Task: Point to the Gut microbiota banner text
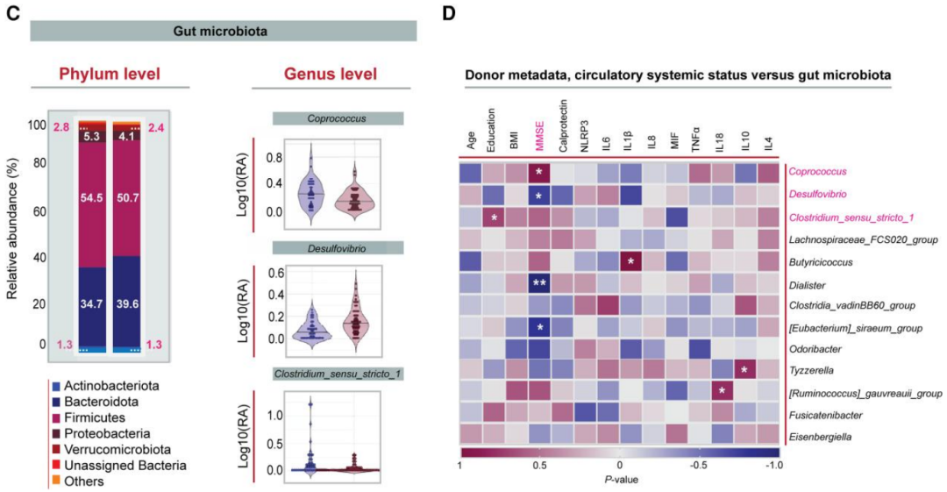point(223,31)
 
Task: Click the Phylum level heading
point(110,74)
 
